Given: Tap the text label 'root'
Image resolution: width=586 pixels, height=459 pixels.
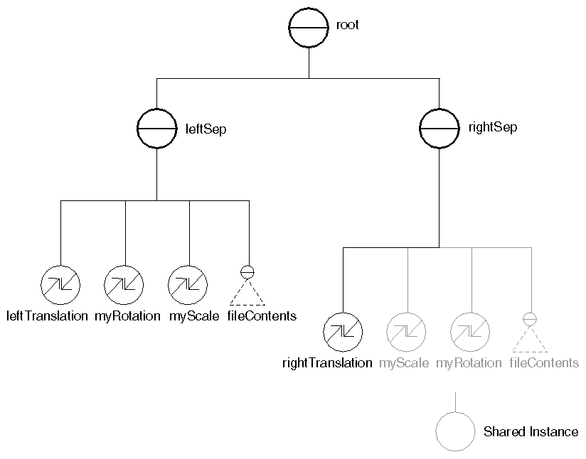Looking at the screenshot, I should [x=348, y=25].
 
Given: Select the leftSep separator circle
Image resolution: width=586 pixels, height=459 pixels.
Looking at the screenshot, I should [x=156, y=128].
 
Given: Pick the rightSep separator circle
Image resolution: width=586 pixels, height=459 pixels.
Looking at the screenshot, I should [x=439, y=128].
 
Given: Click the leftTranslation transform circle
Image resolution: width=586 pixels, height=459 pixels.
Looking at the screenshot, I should [x=60, y=285].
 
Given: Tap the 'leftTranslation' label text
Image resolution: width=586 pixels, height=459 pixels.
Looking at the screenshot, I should [x=47, y=316].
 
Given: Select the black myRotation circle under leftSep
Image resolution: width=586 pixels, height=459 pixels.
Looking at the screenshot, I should [x=124, y=285].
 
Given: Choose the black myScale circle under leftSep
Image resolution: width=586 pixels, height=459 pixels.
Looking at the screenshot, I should [x=188, y=285].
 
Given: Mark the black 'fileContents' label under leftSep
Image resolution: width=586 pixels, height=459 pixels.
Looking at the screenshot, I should [x=262, y=316].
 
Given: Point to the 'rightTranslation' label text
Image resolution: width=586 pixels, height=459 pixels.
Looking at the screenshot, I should [x=327, y=363].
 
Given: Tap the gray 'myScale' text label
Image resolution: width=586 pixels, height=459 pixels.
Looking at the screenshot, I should [x=404, y=363].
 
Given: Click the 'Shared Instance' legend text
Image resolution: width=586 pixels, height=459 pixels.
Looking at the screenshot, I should [x=531, y=432].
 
